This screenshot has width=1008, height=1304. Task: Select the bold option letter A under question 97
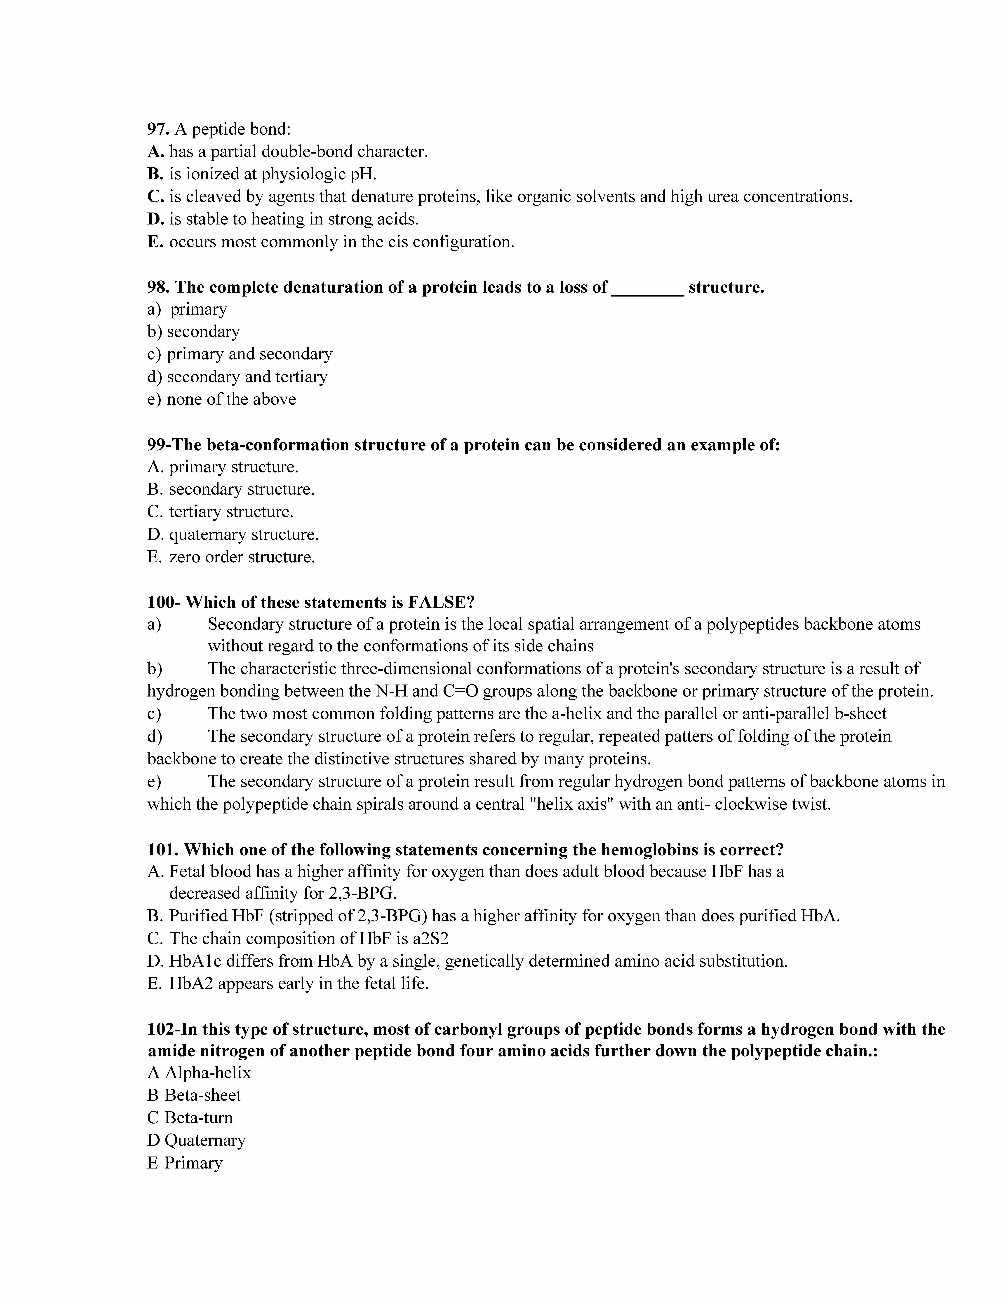pos(155,152)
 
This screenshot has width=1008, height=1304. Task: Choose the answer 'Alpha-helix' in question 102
pos(208,1073)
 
